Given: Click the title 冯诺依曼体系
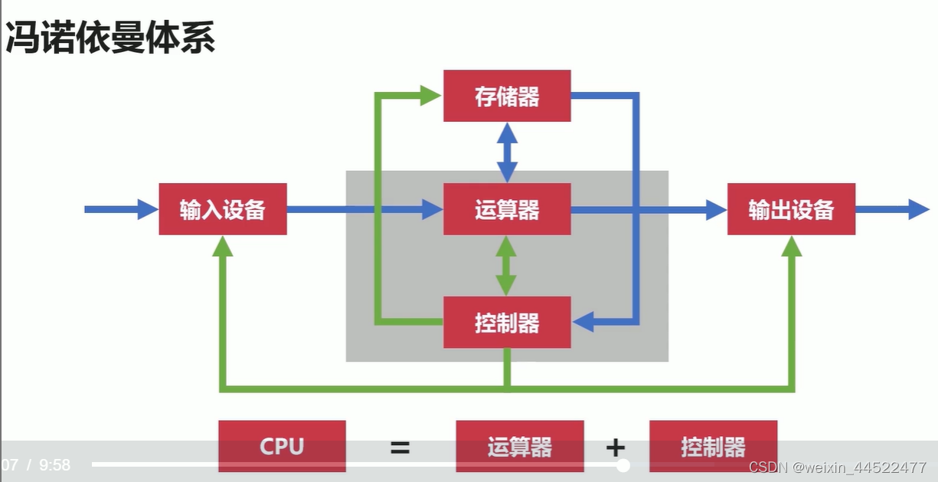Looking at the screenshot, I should (x=110, y=38).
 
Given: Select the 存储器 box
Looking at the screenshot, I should (x=507, y=96).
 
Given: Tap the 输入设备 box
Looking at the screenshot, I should (x=223, y=209).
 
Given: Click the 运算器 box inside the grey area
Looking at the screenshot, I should (x=507, y=209).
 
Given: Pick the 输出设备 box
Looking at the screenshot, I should (x=791, y=209).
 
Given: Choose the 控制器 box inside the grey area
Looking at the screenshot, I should (x=507, y=323).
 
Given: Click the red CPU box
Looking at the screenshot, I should (x=282, y=446).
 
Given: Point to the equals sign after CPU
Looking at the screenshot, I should (x=400, y=448).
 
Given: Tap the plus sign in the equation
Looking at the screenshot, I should (x=616, y=448).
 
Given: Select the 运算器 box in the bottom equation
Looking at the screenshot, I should (x=520, y=446).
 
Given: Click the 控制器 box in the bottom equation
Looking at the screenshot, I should (x=713, y=446).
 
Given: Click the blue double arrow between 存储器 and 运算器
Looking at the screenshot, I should (x=507, y=152).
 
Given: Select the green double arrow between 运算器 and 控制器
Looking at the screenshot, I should (x=505, y=265).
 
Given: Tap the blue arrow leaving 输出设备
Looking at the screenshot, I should (x=892, y=209).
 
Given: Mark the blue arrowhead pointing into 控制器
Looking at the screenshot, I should (x=583, y=323).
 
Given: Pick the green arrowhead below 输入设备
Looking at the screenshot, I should (x=223, y=246).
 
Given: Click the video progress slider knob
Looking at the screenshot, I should (x=623, y=465).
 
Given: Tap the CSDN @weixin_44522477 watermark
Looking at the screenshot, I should (x=838, y=467).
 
